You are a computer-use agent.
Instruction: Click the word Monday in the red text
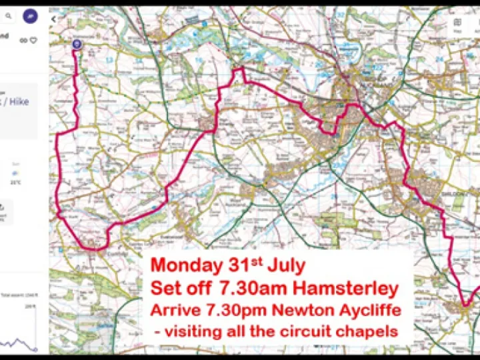(x=185, y=265)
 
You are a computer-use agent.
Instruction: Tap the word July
(x=285, y=265)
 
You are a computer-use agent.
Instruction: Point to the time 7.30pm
(x=227, y=311)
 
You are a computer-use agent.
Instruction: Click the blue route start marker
(x=76, y=45)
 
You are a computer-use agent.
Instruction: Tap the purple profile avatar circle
(x=29, y=16)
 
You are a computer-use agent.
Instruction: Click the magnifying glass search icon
(x=9, y=16)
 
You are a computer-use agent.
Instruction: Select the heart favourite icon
(x=33, y=40)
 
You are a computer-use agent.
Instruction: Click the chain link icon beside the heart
(x=23, y=40)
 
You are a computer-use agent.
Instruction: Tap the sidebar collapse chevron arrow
(x=53, y=19)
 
